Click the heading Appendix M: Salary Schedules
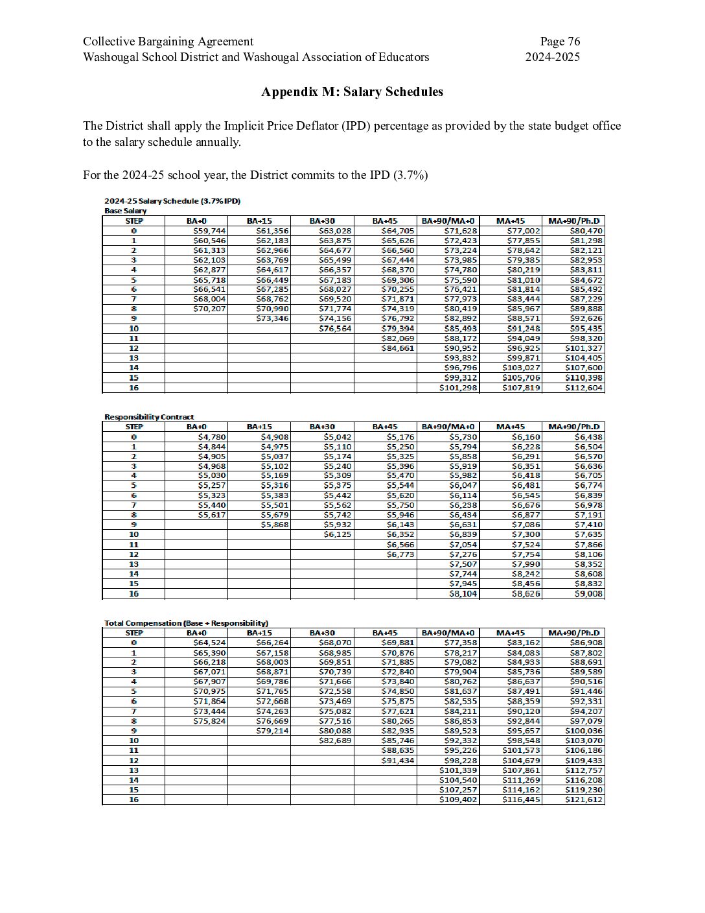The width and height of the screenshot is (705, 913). click(x=352, y=91)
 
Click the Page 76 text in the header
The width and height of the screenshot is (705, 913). click(x=560, y=41)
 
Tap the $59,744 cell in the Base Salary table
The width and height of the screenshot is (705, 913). click(x=209, y=231)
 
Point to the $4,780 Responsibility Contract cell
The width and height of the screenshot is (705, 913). click(x=212, y=437)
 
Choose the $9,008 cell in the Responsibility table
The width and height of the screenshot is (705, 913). click(x=588, y=593)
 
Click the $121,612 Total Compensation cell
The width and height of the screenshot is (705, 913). click(x=584, y=800)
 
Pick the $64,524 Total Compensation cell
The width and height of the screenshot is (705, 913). click(x=209, y=643)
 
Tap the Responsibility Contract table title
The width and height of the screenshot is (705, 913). click(x=149, y=417)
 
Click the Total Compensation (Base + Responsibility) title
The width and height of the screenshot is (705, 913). click(x=186, y=623)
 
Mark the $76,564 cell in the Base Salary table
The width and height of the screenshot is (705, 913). click(x=335, y=329)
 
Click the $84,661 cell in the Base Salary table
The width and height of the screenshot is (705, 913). click(x=398, y=348)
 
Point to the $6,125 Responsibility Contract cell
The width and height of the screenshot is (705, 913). click(x=338, y=534)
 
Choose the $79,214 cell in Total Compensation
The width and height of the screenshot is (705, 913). click(x=272, y=731)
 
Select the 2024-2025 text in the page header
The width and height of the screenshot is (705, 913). click(x=552, y=57)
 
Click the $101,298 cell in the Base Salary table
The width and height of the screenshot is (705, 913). click(x=458, y=388)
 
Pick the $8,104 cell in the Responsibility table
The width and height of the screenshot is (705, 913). click(x=463, y=593)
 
